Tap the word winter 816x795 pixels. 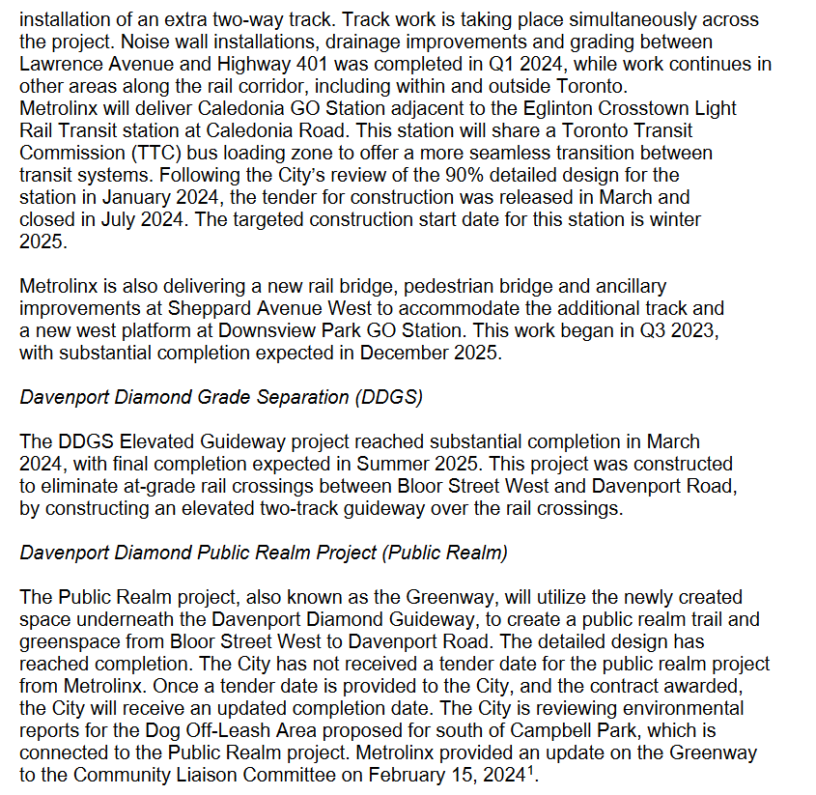tap(675, 219)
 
